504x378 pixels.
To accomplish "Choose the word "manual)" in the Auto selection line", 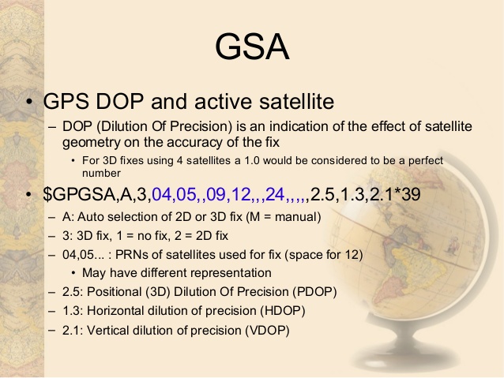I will pos(298,216).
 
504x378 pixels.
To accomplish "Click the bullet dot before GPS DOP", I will pos(28,103).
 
